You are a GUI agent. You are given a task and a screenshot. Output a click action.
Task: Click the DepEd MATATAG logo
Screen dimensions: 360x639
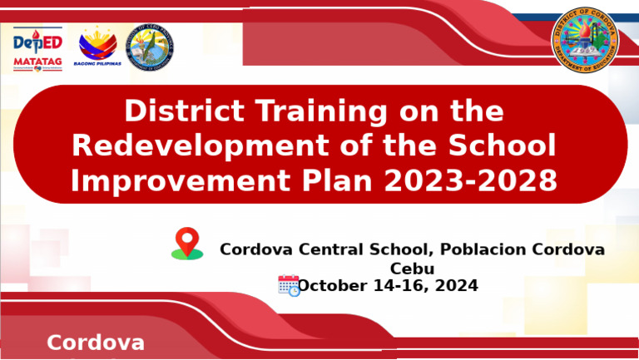(x=37, y=49)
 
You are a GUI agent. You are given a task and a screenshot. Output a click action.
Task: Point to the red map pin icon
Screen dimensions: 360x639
(x=187, y=243)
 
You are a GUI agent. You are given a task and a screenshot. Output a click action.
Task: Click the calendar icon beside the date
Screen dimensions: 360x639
(x=289, y=285)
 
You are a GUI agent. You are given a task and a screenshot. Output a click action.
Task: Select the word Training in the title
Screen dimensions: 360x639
(x=316, y=111)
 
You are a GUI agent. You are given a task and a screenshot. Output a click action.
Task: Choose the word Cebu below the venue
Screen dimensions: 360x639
(x=412, y=269)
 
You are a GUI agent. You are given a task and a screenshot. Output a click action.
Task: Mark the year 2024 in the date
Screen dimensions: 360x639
(x=455, y=286)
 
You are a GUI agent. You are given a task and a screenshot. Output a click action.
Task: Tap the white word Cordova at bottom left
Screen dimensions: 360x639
(x=96, y=343)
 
